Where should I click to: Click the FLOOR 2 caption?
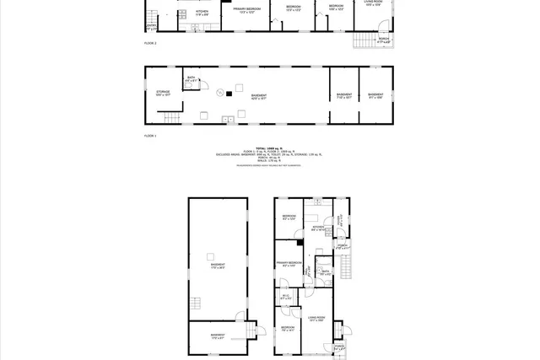[150, 40]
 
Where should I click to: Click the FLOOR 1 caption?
[150, 135]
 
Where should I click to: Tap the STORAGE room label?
[163, 94]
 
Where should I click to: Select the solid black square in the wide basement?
[228, 94]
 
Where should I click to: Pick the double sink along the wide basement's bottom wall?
[229, 120]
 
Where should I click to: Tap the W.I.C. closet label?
[286, 295]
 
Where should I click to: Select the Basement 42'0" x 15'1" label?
[259, 97]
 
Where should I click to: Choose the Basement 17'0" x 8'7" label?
[217, 336]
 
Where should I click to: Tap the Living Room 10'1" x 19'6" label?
[317, 320]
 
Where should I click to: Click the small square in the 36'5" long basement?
[212, 254]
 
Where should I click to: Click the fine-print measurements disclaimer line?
[269, 166]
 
